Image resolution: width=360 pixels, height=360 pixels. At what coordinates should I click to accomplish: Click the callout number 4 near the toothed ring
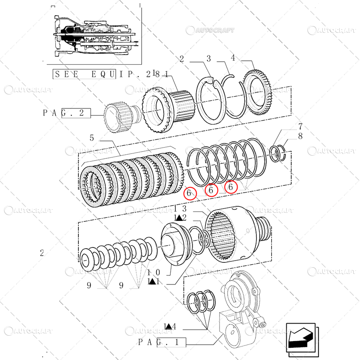pos(233,58)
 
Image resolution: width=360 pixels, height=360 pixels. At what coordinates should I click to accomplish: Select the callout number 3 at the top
pos(209,58)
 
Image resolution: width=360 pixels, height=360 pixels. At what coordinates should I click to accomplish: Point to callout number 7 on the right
pos(300,126)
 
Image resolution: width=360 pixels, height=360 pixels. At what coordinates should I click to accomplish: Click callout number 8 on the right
pos(300,136)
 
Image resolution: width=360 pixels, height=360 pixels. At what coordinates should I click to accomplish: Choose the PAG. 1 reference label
pos(162,342)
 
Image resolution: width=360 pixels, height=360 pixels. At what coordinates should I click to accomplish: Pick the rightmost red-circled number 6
pos(231,186)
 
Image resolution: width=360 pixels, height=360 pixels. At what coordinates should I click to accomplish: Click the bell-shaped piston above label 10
pos(174,247)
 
